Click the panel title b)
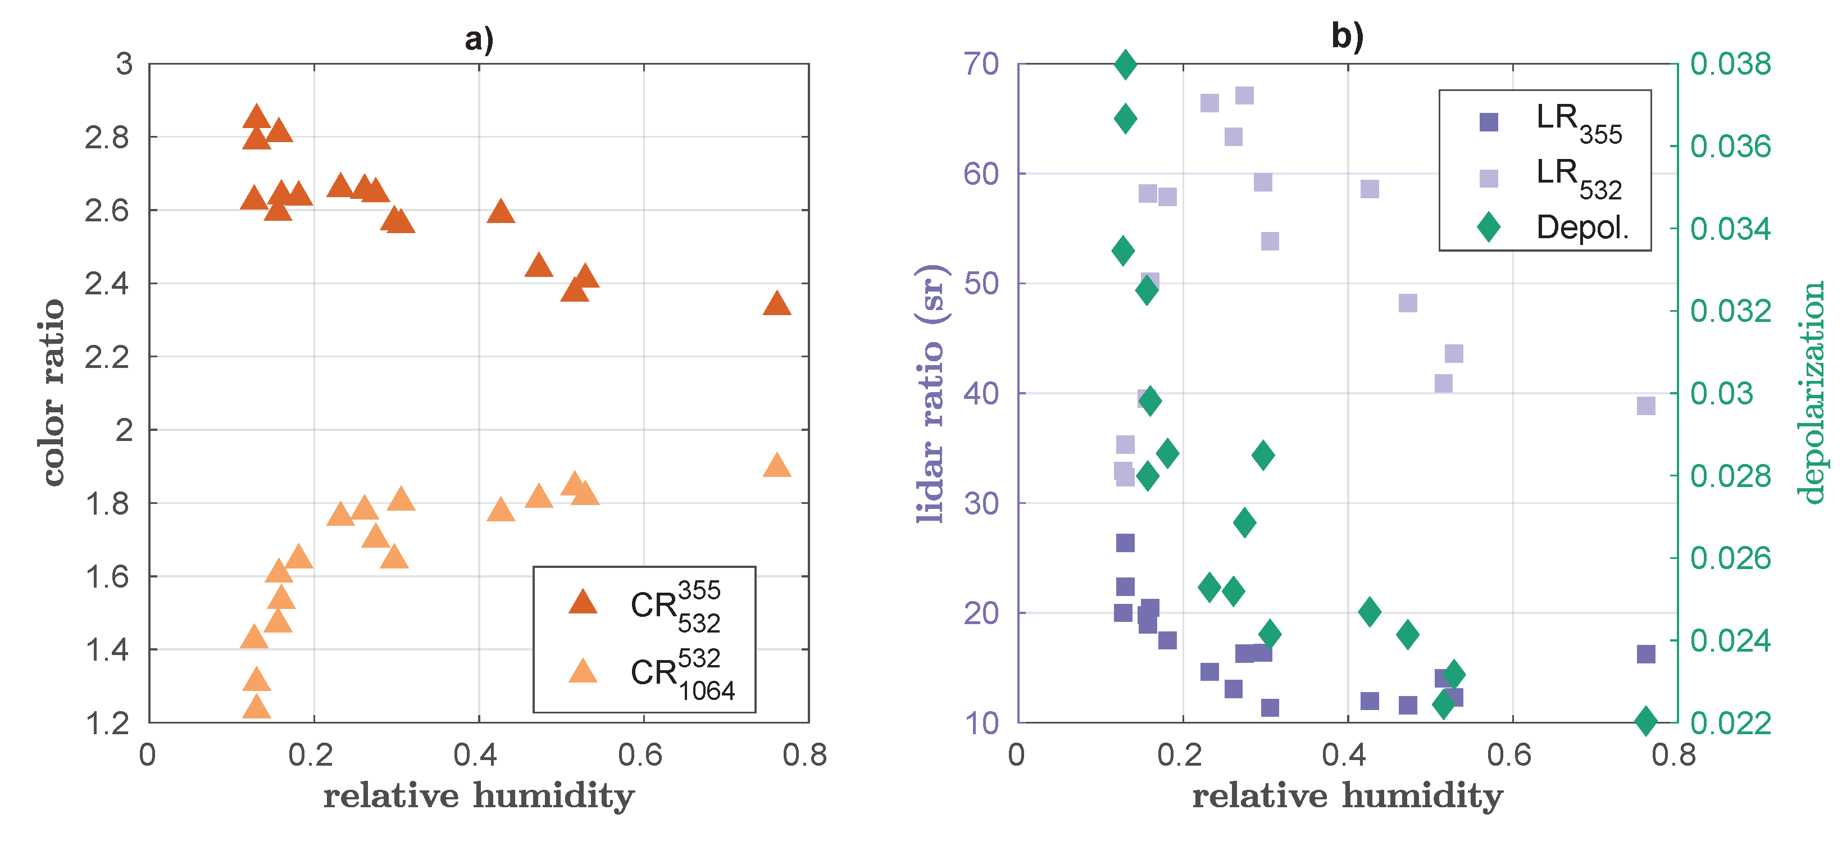point(1347,36)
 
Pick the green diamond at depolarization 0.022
point(1646,721)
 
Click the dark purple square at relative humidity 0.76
point(1646,654)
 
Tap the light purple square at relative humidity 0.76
point(1646,406)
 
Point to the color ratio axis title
point(52,393)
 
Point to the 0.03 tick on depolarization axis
point(1722,393)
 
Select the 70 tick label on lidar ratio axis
point(981,65)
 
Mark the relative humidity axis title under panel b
point(1347,796)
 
